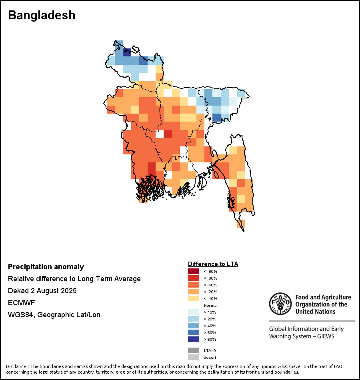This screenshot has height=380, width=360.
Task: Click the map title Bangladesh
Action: pos(42,15)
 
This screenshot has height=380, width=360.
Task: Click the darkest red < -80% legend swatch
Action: pos(194,271)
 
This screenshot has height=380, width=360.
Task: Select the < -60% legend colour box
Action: pos(194,278)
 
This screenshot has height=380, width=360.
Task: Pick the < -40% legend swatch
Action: pos(194,285)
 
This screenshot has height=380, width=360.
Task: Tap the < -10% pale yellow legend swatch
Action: pos(194,298)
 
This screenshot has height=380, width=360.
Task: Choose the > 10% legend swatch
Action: pos(194,312)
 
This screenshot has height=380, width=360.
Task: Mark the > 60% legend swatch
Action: pos(194,332)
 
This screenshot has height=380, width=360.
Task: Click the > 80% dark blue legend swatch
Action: pos(194,339)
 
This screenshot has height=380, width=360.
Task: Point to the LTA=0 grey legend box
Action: pos(194,350)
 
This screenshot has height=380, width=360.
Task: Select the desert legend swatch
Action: pos(194,357)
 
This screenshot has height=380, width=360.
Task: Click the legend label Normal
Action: pos(210,305)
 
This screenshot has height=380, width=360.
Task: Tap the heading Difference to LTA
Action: pos(213,264)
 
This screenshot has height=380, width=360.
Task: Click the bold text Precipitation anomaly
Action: pos(46,267)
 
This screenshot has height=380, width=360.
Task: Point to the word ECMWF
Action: pos(22,303)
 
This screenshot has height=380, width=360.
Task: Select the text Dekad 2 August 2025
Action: pos(42,291)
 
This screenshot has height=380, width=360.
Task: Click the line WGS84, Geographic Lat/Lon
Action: pos(54,315)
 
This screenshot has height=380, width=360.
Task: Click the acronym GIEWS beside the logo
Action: pos(325,336)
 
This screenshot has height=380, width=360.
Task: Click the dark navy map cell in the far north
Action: pos(127,52)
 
